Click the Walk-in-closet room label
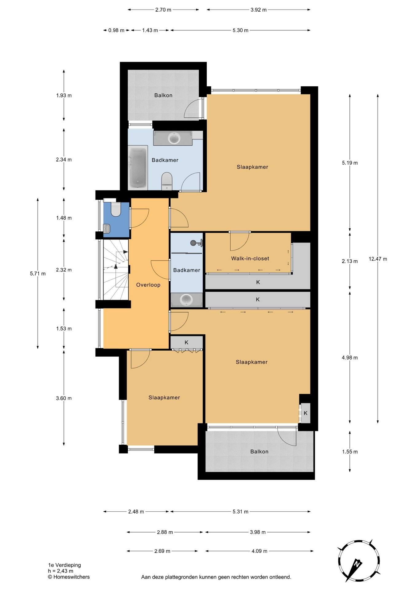tap(250, 258)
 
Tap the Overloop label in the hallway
tap(148, 285)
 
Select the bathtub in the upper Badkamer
tap(138, 168)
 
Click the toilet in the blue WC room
tap(116, 209)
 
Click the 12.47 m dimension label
tap(378, 259)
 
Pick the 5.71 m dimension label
tap(38, 273)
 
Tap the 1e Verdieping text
tap(64, 565)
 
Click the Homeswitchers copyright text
tap(69, 577)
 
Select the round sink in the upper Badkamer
tap(174, 138)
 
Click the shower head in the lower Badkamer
tap(193, 243)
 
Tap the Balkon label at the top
tap(163, 95)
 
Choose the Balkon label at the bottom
tap(259, 451)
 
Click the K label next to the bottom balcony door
tap(306, 413)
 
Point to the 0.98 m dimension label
tap(116, 30)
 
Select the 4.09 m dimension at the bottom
tap(259, 551)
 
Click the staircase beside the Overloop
tap(116, 269)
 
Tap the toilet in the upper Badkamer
tap(167, 181)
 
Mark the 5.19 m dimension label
tap(350, 163)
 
